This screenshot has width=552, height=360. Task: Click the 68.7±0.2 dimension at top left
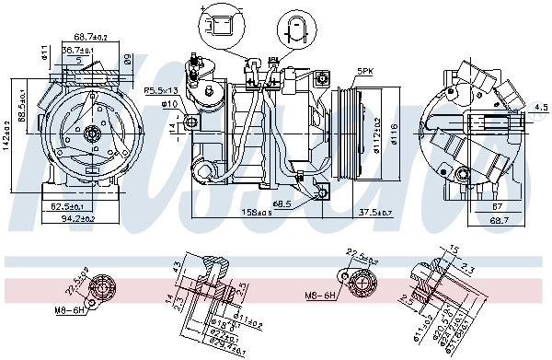[90, 37]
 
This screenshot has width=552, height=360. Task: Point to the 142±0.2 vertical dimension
[7, 135]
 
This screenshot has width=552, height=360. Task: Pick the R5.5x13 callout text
[161, 90]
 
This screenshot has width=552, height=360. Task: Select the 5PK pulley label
[365, 72]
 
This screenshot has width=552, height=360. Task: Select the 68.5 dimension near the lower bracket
[282, 203]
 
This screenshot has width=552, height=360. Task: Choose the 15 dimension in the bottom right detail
[453, 250]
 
